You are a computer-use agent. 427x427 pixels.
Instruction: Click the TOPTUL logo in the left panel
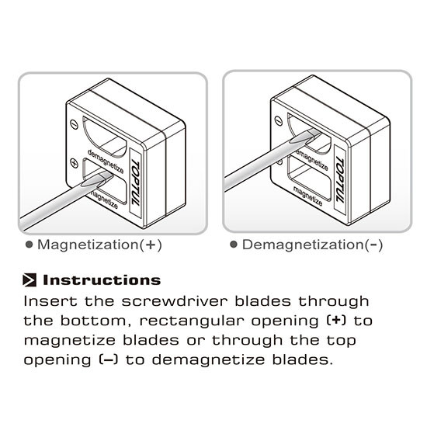pos(136,183)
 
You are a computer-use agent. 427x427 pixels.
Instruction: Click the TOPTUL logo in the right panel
pos(340,179)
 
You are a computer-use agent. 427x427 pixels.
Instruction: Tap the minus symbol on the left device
pos(74,124)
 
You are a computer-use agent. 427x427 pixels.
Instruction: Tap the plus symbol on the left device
pos(74,163)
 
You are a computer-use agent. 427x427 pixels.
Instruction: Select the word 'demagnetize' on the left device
pos(106,161)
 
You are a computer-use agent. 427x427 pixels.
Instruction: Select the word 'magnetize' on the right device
pos(307,196)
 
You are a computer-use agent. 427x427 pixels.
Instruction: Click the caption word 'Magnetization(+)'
pos(99,245)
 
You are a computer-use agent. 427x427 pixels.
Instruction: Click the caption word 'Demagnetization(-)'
pos(312,245)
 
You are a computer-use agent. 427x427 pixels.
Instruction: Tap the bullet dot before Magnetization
pos(29,245)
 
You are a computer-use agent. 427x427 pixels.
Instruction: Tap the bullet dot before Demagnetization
pos(234,245)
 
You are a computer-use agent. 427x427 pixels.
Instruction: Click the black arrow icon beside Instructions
pos(30,280)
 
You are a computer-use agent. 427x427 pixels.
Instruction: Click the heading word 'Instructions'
pos(102,280)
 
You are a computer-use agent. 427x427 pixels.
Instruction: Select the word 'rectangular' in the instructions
pos(192,321)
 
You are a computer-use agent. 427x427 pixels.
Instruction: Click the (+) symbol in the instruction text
pos(336,321)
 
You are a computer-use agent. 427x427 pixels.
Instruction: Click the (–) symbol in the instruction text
pos(109,359)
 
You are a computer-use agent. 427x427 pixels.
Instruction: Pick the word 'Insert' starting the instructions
pos(50,301)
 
